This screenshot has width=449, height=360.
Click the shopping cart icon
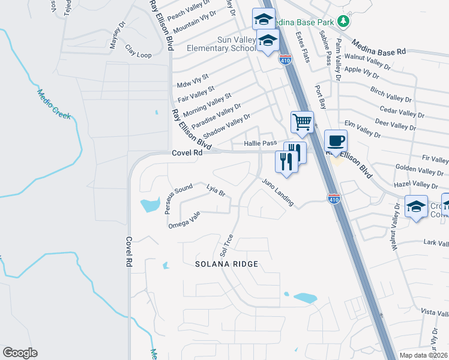[x=302, y=122]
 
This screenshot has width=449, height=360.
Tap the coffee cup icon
[x=336, y=140]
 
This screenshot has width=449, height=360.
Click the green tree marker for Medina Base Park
[x=343, y=21]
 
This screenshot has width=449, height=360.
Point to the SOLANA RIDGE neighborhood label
[x=228, y=264]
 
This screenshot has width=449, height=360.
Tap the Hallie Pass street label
[x=261, y=143]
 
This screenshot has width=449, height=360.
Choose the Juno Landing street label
[x=277, y=192]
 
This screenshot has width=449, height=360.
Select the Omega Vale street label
[x=184, y=221]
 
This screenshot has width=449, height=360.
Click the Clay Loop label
[x=138, y=51]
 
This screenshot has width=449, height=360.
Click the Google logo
[x=20, y=353]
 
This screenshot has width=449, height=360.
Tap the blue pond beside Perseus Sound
[x=149, y=206]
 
